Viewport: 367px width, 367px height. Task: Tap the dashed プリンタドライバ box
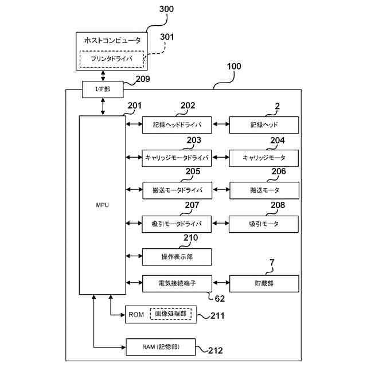point(111,58)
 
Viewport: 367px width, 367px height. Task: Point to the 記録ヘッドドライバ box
point(177,124)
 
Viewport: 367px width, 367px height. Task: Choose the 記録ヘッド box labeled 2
point(264,124)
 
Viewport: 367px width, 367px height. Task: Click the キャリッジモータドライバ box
point(177,157)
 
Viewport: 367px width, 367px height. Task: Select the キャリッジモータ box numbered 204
point(264,157)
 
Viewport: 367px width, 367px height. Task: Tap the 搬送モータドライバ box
point(177,190)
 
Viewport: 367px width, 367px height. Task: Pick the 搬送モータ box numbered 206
point(264,190)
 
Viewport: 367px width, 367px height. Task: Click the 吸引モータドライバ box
point(177,224)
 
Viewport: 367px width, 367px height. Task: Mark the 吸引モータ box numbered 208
point(264,224)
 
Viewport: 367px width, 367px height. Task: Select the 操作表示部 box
point(177,256)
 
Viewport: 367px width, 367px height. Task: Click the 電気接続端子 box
point(177,283)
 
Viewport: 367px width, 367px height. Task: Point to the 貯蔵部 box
point(264,283)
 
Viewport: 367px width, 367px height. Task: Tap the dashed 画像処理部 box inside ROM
point(173,314)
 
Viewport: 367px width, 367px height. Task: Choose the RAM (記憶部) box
point(161,346)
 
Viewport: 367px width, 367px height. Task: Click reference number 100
point(234,67)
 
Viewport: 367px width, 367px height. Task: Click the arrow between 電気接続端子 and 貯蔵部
point(220,283)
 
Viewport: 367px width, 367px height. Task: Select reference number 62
point(220,298)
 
